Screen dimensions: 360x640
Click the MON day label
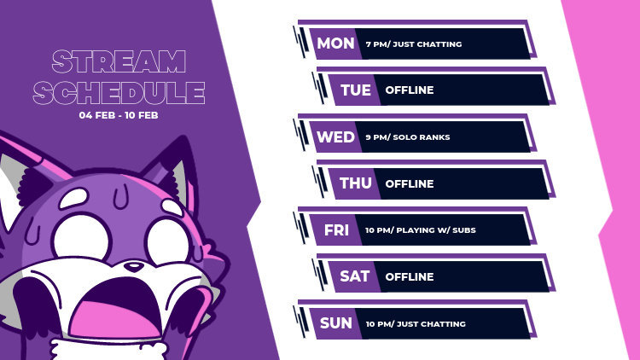[x=335, y=44]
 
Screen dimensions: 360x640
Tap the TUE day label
[x=356, y=90]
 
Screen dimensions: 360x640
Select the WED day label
[x=335, y=136]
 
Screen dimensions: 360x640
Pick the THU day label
[x=356, y=183]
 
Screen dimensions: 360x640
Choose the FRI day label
[x=336, y=230]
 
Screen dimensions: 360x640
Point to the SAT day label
[x=356, y=276]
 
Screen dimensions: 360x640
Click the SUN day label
[x=335, y=323]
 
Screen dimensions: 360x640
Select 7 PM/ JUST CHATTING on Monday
[x=413, y=44]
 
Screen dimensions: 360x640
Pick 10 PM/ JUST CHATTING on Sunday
[x=416, y=324]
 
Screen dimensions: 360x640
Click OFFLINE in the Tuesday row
[x=410, y=90]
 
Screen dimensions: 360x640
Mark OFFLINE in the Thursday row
[x=410, y=183]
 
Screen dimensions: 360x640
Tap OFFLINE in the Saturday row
[x=410, y=277]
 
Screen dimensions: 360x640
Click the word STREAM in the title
[x=119, y=61]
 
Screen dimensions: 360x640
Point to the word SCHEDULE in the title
[x=119, y=92]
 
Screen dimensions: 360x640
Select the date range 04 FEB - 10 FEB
[x=119, y=115]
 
